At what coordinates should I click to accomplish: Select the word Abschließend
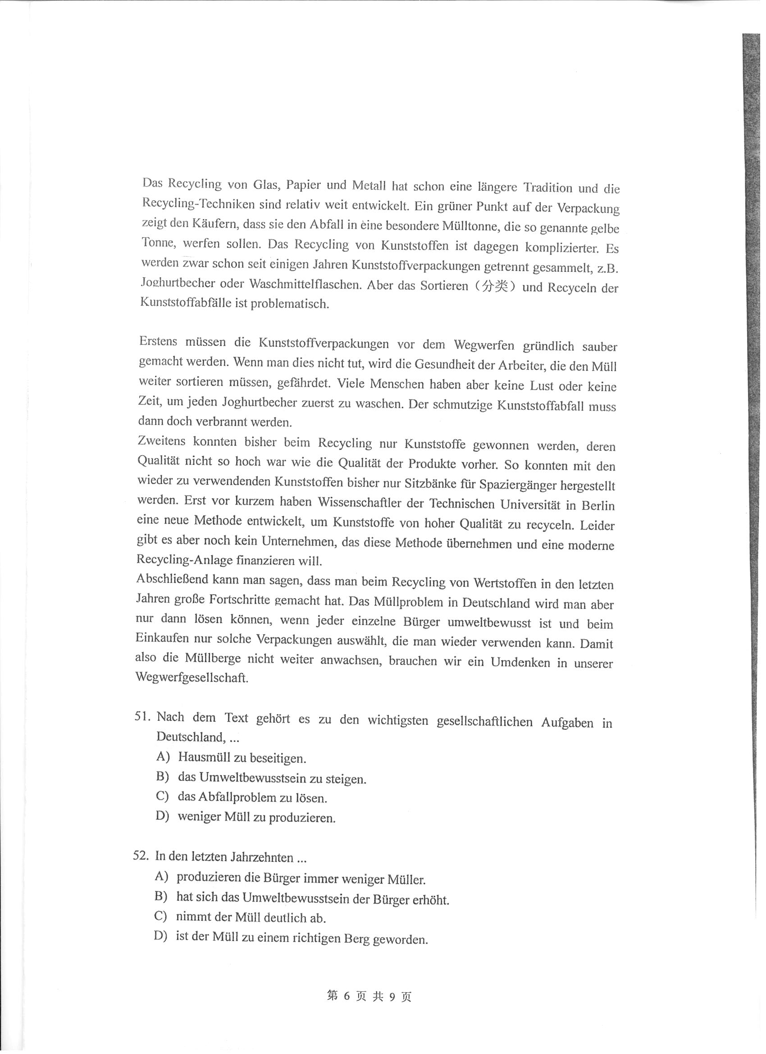171,579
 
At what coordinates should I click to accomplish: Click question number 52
140,856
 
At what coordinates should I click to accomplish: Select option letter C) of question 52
161,916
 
